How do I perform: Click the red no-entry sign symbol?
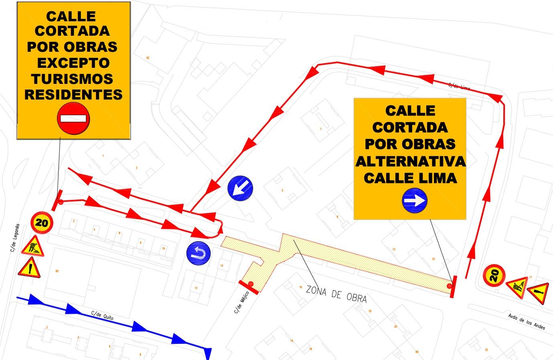73,118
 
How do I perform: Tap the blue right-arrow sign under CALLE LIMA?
415,200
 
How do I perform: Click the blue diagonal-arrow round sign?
240,187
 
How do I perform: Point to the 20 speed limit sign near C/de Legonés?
42,222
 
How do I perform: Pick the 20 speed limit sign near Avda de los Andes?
494,275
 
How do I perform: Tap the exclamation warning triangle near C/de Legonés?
29,267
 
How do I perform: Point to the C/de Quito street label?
102,316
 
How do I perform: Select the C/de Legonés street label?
15,238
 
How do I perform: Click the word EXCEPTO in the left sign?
73,63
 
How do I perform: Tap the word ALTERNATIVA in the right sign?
410,161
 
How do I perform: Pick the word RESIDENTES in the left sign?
73,94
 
